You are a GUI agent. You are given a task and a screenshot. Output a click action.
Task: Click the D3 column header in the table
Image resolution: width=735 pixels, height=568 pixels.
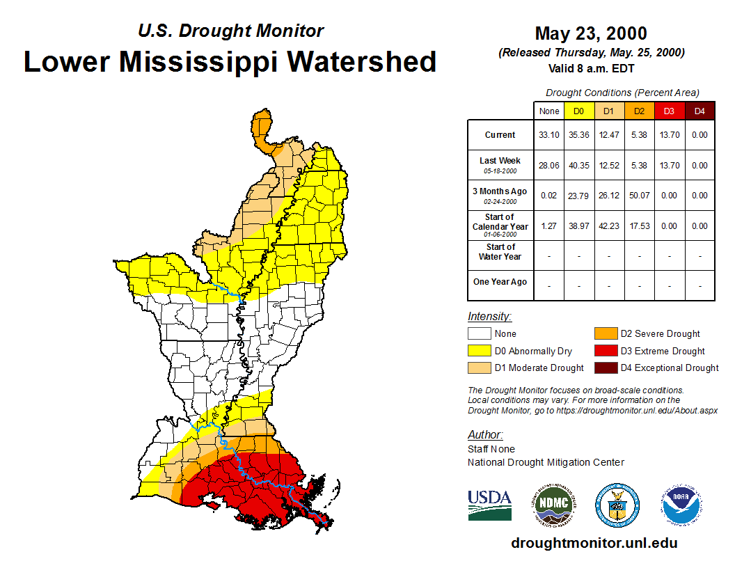[x=669, y=111]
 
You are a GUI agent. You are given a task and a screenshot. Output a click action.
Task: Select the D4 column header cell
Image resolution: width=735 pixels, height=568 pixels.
[x=700, y=111]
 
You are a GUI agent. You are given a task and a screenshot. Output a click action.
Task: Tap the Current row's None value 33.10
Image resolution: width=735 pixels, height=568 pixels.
[x=549, y=135]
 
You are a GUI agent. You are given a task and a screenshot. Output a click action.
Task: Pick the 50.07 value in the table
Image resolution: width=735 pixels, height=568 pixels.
[x=639, y=196]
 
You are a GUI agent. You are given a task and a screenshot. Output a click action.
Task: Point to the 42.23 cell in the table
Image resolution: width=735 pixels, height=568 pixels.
[x=609, y=226]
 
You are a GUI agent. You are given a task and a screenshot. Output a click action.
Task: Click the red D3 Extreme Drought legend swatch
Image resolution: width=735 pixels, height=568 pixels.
[x=606, y=351]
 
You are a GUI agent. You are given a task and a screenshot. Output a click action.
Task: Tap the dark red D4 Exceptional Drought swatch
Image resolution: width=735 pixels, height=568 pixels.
[x=606, y=368]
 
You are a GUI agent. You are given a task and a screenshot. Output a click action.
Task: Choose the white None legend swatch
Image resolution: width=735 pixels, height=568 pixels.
[x=479, y=334]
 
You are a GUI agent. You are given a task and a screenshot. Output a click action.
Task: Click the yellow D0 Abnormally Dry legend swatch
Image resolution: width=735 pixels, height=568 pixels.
[x=479, y=351]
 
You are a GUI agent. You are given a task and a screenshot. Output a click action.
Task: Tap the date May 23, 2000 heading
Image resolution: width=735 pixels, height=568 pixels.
[x=591, y=33]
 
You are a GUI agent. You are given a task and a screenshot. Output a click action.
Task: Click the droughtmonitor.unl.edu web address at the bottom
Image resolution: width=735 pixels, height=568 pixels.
[x=594, y=543]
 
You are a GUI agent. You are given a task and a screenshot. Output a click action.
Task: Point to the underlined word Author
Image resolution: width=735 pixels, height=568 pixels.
[x=485, y=435]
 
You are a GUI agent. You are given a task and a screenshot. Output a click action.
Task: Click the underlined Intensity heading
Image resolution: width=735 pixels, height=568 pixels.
[x=489, y=317]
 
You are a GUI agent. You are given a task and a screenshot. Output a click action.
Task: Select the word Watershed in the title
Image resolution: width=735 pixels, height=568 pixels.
[x=362, y=62]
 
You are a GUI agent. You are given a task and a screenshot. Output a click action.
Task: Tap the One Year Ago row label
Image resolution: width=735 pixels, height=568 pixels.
[x=500, y=282]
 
